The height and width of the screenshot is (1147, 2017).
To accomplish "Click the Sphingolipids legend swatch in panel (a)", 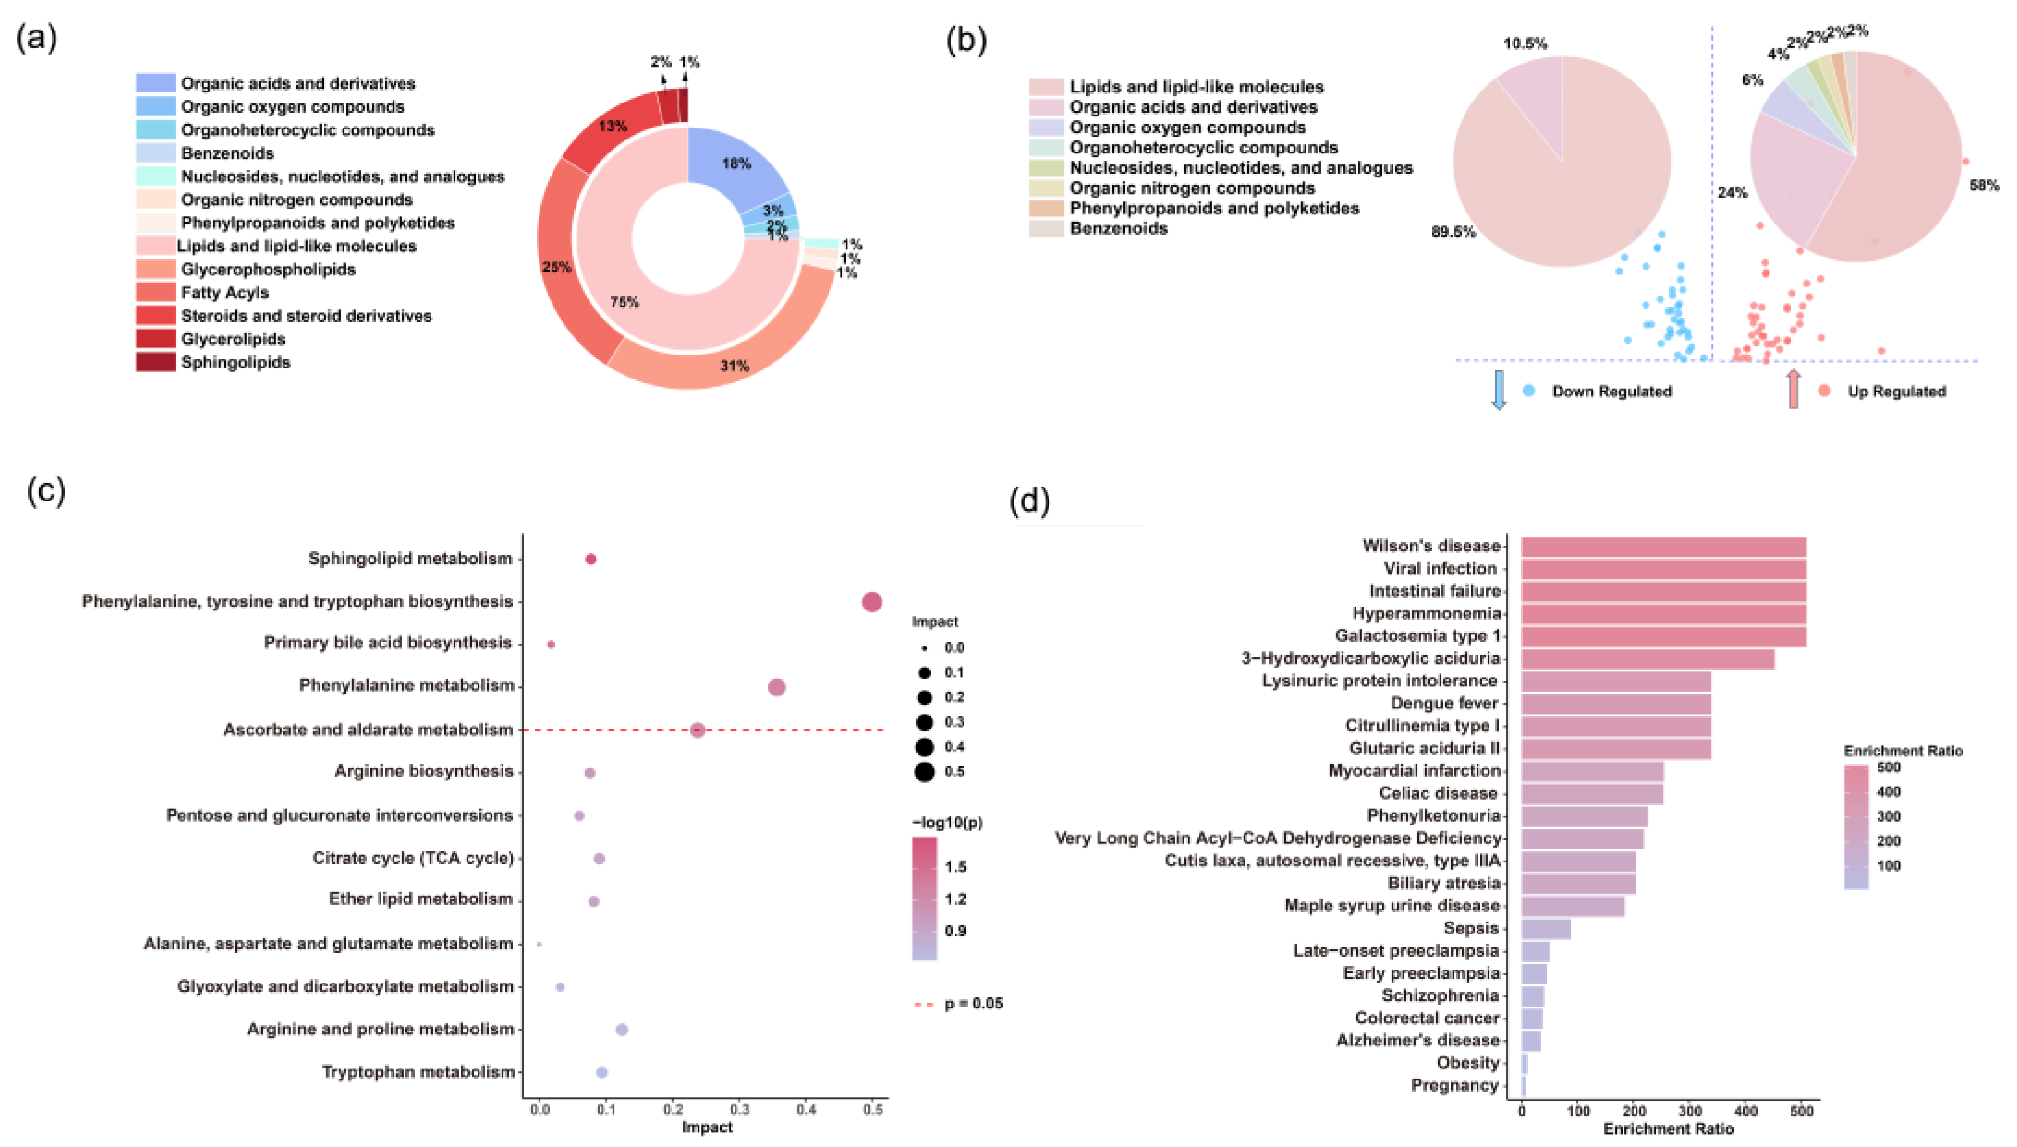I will (155, 362).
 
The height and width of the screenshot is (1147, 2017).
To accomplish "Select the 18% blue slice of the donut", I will (736, 163).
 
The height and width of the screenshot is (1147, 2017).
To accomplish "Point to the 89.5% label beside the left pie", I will (1452, 232).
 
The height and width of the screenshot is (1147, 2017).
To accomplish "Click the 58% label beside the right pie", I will (1983, 186).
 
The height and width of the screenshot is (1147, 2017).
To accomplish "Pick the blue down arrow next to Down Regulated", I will (1499, 390).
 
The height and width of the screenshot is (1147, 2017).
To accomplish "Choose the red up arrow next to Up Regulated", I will (1793, 389).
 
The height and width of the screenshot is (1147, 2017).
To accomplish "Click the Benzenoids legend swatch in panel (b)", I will (1046, 229).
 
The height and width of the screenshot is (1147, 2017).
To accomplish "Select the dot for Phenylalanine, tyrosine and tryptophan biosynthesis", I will (871, 602).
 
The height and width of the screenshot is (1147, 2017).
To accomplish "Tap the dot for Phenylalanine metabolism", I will (776, 687).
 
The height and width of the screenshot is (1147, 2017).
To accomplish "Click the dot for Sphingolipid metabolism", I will (590, 559).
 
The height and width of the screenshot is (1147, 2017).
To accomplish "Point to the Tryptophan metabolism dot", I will (602, 1072).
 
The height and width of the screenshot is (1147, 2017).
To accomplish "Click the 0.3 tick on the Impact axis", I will (739, 1110).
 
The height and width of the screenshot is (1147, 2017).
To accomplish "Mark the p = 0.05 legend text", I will (973, 1003).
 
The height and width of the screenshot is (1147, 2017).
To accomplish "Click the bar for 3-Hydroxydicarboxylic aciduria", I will (1647, 659).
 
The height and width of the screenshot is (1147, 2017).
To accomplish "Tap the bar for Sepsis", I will (1545, 929).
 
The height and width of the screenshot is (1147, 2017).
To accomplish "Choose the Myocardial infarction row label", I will (1414, 771).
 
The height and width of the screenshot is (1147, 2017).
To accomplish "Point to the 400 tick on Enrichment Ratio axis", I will (1746, 1111).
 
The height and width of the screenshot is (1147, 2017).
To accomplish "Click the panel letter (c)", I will (46, 490).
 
